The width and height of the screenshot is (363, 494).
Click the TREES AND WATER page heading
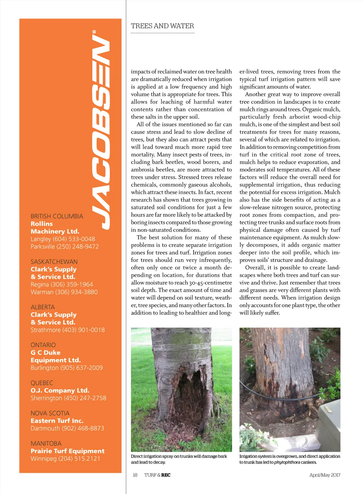coord(162,26)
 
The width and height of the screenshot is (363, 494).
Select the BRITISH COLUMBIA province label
coord(57,216)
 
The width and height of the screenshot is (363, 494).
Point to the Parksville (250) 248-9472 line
coord(65,246)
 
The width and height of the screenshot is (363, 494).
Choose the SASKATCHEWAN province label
coord(54,262)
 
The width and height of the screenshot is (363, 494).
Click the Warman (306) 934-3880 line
coord(64,292)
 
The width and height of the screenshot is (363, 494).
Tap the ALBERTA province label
coord(43,307)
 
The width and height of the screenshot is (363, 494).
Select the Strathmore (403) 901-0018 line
coord(67,330)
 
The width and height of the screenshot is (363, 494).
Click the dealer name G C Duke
coord(45,352)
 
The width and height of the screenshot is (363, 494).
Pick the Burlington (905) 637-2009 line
coord(67,368)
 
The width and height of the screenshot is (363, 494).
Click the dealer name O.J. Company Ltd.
coord(60,390)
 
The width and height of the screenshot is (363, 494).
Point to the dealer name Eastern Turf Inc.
coord(57,421)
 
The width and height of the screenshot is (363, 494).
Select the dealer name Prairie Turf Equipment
coord(67,451)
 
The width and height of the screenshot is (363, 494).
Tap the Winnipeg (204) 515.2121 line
coord(65,459)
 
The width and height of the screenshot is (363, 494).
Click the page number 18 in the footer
coord(135,475)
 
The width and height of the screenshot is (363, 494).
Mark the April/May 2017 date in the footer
coord(324,475)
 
